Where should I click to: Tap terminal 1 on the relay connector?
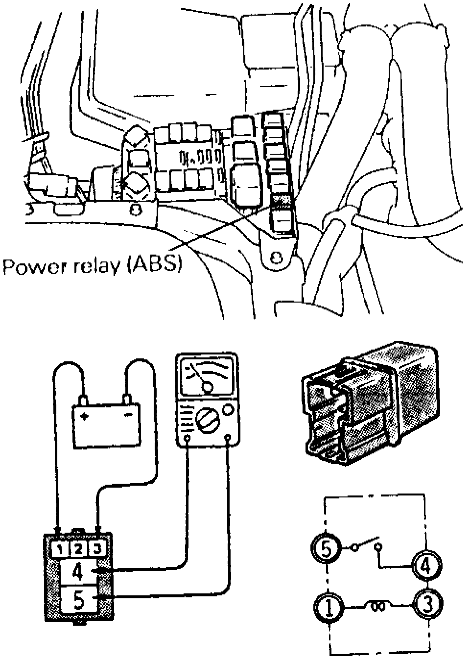coord(59,549)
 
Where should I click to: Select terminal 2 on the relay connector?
coord(78,549)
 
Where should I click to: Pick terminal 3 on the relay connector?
coord(97,549)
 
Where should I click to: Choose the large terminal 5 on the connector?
coord(78,600)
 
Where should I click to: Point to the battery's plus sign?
coord(85,417)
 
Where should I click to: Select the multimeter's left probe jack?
coord(187,437)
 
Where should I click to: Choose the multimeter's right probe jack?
coord(228,437)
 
